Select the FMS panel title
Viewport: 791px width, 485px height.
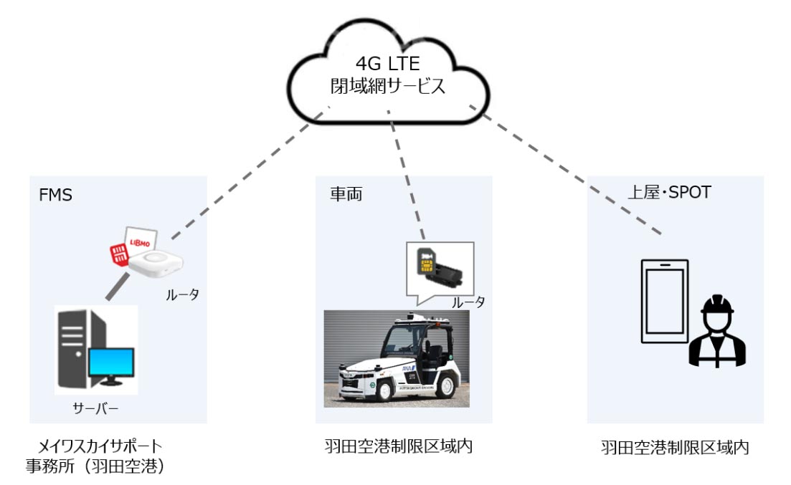click(55, 195)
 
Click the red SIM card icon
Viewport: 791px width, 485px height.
click(118, 253)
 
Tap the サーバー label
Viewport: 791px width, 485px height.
click(95, 409)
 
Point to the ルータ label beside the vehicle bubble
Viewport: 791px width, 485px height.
click(468, 302)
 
